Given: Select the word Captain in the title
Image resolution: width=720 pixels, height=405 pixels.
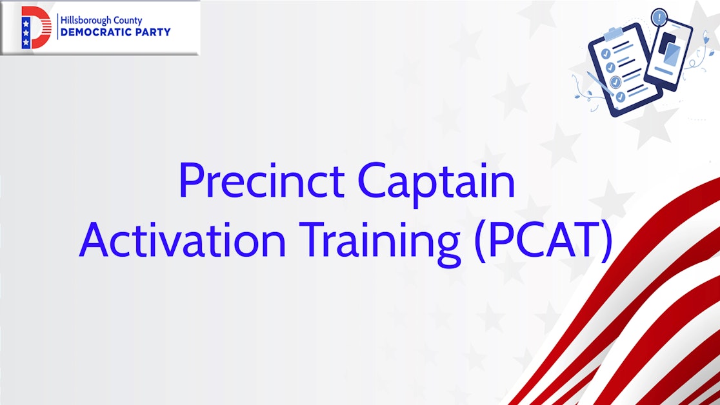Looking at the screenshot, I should (x=437, y=183).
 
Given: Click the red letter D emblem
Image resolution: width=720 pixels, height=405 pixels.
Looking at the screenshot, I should (x=36, y=28).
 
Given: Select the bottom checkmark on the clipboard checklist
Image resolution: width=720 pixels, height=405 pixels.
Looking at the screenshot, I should (x=620, y=96).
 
